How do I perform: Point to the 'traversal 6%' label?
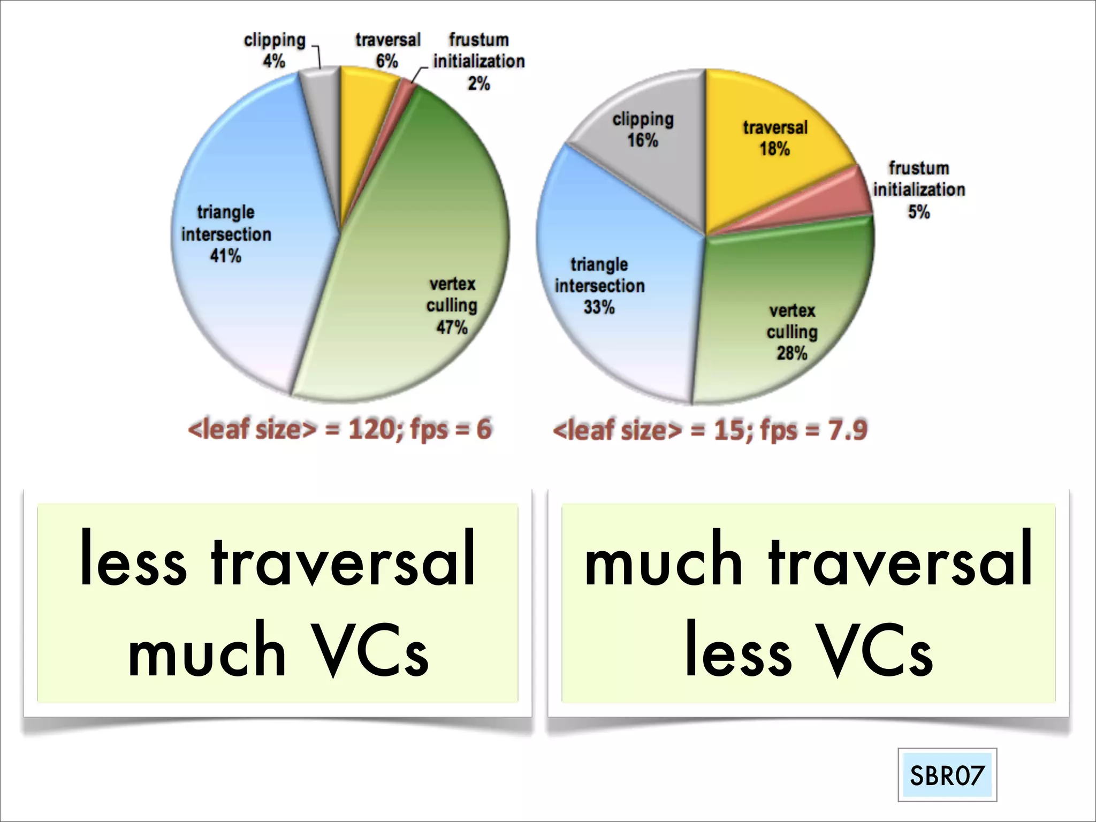pyautogui.click(x=387, y=50)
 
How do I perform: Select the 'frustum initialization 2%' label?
pyautogui.click(x=479, y=61)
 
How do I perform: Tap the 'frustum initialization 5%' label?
pyautogui.click(x=919, y=189)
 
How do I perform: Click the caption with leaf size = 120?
pyautogui.click(x=339, y=429)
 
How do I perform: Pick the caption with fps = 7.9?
pyautogui.click(x=710, y=430)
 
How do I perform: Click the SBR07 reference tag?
pyautogui.click(x=947, y=775)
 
